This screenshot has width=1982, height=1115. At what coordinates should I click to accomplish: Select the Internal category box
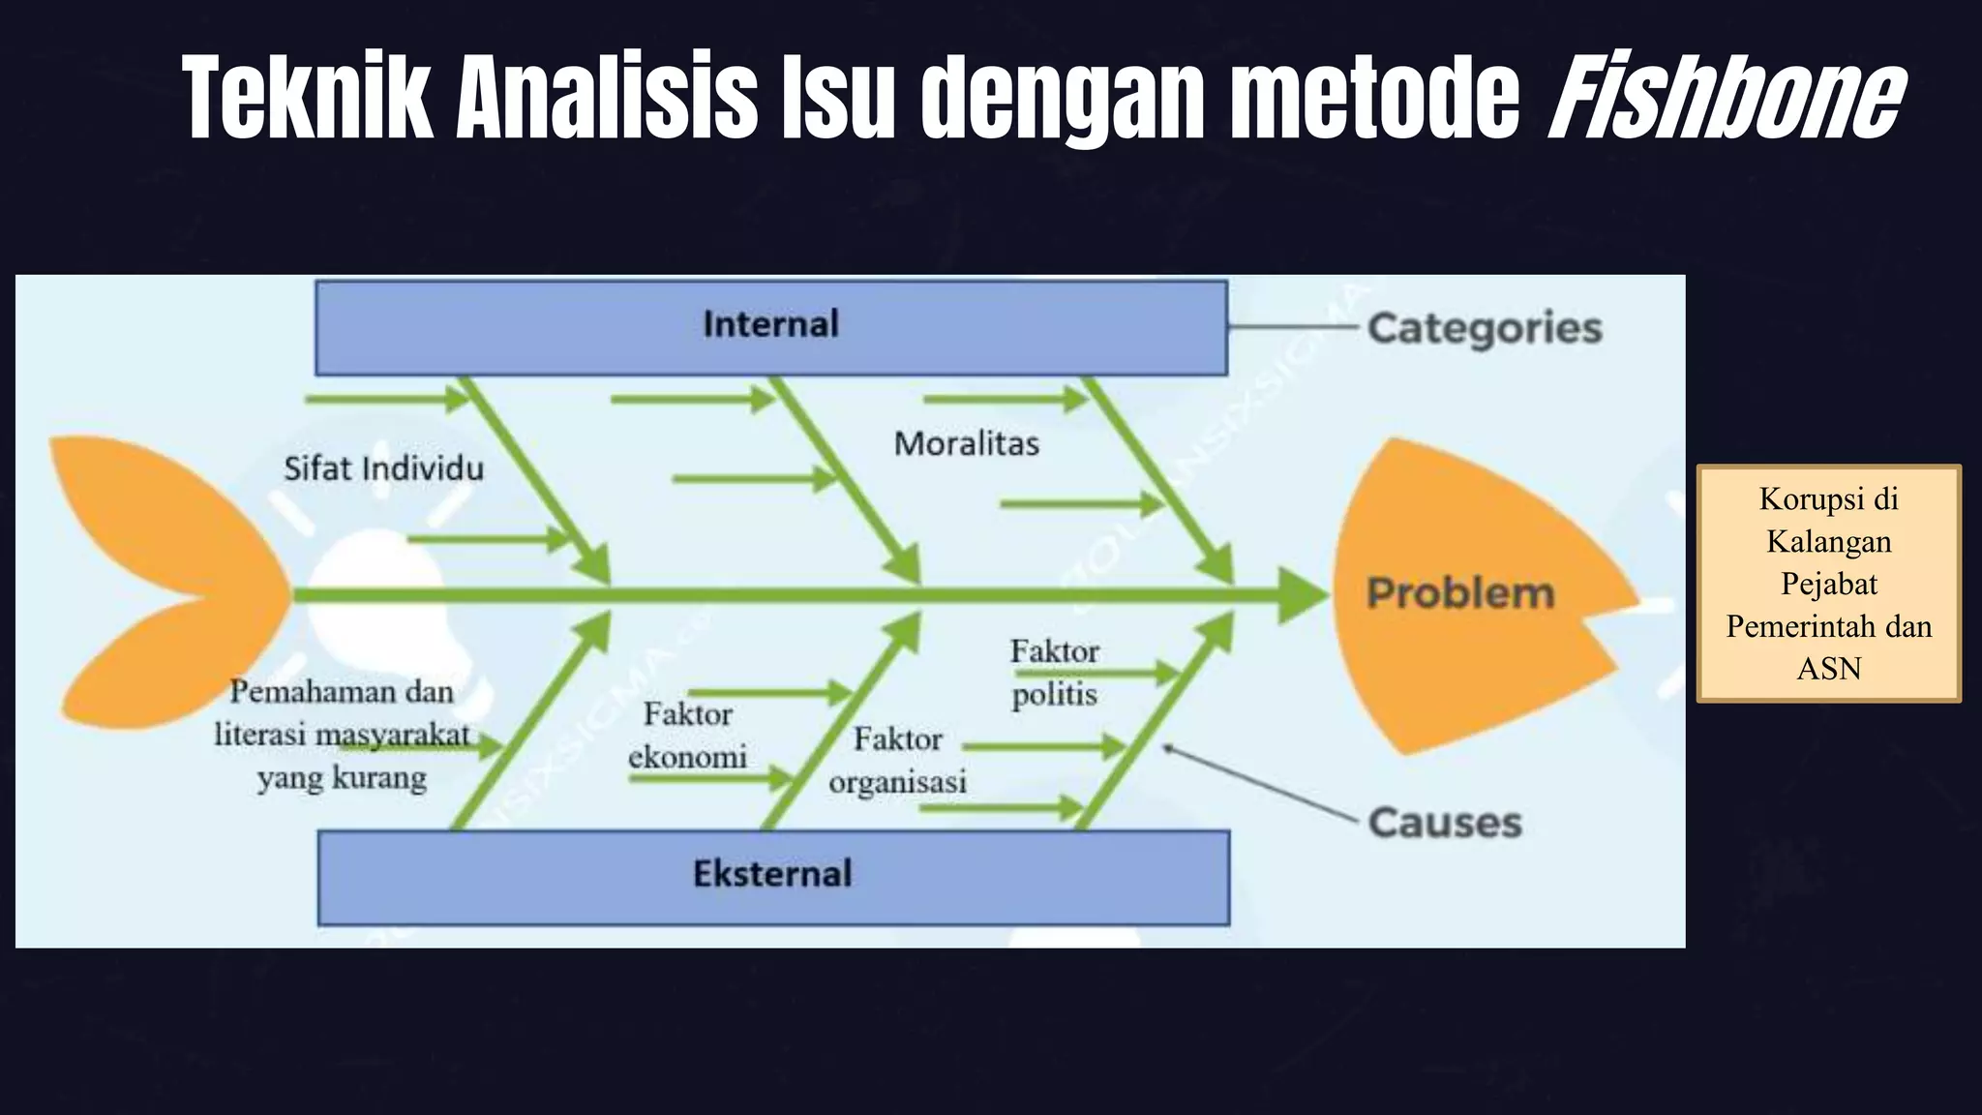click(771, 326)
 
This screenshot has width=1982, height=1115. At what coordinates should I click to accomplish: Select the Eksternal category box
click(773, 875)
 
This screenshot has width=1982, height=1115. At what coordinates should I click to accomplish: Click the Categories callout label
click(1485, 328)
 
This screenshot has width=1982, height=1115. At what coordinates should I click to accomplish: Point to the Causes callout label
click(1445, 823)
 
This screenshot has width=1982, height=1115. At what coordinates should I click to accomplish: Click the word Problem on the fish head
click(1460, 593)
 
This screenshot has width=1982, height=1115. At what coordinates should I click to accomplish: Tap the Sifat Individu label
click(383, 469)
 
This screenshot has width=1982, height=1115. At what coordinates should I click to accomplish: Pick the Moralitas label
click(966, 444)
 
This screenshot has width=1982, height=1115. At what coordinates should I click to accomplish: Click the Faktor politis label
click(1054, 673)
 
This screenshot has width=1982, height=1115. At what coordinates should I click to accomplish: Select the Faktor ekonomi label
click(687, 736)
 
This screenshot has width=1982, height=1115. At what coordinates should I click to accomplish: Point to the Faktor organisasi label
click(897, 761)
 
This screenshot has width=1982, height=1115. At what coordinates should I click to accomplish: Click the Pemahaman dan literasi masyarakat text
click(342, 735)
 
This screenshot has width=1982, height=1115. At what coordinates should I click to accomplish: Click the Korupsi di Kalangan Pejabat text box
click(1828, 583)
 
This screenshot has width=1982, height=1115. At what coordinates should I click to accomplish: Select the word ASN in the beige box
click(1828, 669)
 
